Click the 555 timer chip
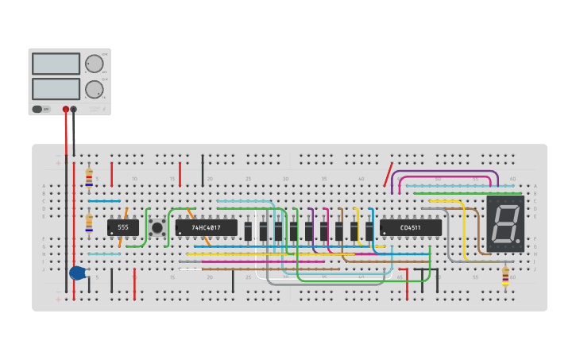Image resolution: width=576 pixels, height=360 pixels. coord(123,227)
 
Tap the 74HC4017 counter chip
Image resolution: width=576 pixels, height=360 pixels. coord(207,227)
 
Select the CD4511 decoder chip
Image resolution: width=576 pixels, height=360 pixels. coord(411,228)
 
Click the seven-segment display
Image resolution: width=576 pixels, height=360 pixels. coord(505,224)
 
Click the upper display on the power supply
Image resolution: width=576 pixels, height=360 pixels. coord(56,64)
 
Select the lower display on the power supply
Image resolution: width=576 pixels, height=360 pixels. coord(56,88)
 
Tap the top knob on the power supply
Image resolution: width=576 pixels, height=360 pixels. coord(95,64)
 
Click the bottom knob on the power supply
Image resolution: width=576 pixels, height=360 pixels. coord(95,88)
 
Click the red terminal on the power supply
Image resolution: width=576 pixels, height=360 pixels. coord(66,110)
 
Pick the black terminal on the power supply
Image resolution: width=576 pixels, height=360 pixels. coord(74,110)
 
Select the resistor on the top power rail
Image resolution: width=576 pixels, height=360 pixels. coord(89,176)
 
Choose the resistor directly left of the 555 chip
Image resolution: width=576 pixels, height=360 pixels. coord(89,222)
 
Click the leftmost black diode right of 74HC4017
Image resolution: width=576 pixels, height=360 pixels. coord(249,230)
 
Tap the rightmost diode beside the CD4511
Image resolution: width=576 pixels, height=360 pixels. coord(369,230)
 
